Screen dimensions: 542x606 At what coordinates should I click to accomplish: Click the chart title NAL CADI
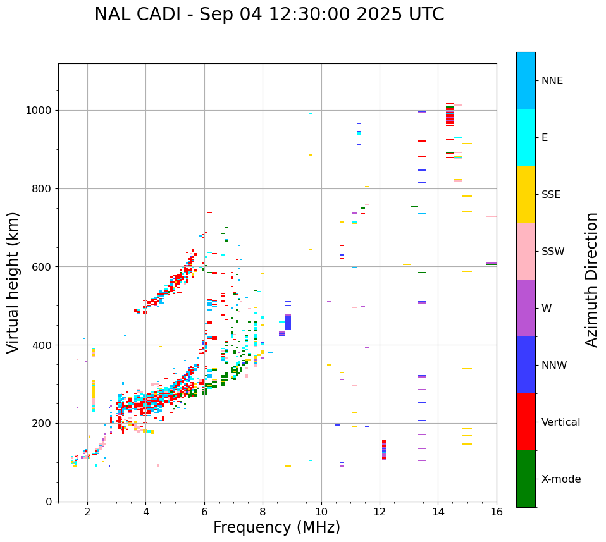coord(269,15)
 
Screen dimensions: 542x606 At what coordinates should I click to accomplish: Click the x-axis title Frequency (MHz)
coord(276,527)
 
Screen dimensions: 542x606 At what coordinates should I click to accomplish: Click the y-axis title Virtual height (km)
coord(13,283)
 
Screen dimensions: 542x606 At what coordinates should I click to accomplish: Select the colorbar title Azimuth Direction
coord(591,279)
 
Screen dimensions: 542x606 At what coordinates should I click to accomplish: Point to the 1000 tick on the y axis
coord(42,110)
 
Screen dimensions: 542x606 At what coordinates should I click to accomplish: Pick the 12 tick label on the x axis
coord(380,512)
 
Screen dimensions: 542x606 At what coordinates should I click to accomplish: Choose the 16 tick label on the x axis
coord(497,512)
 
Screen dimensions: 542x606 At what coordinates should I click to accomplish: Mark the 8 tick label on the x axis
coord(263,512)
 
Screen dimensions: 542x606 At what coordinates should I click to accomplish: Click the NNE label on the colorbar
coord(552,81)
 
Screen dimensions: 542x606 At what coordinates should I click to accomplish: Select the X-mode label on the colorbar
coord(561,479)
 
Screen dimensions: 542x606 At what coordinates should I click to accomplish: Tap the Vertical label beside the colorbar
coord(560,422)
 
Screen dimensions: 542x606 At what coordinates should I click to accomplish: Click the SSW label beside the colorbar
coord(553,252)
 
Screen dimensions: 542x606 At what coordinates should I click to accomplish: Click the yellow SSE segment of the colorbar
coord(526,194)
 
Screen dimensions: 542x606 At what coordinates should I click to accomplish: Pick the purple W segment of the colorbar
coord(526,308)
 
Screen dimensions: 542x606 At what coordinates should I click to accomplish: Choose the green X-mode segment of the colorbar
coord(526,479)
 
